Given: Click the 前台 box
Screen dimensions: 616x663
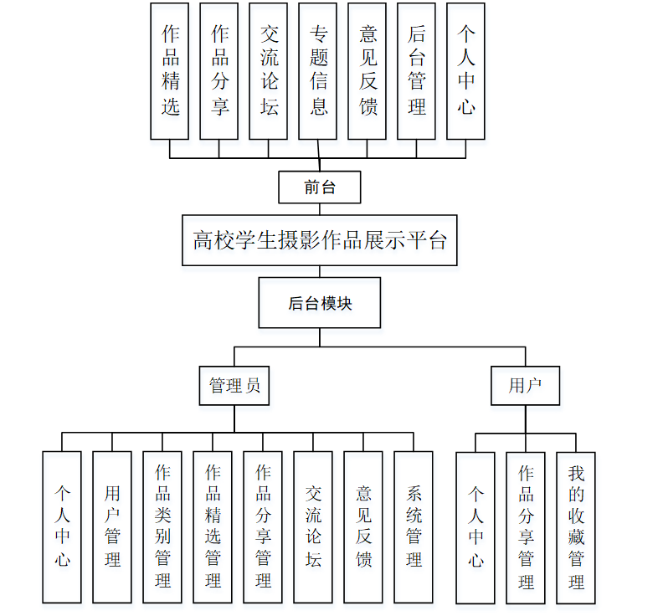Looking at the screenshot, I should point(319,187).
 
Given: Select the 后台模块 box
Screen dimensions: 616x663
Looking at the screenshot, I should point(319,303).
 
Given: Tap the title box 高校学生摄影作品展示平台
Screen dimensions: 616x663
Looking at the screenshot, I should point(319,241).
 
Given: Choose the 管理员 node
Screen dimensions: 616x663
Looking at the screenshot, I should point(234,386).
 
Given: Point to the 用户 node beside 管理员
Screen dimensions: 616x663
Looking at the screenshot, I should point(525,386).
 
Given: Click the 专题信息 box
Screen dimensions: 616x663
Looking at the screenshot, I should point(318,70).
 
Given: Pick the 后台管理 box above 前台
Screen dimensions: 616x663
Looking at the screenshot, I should point(416,70).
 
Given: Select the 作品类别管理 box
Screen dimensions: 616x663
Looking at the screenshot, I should point(162,527).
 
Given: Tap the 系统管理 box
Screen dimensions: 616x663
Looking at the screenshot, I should point(414,527).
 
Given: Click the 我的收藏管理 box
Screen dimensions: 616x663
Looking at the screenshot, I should point(576,527).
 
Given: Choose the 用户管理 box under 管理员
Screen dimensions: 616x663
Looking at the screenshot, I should point(112,527).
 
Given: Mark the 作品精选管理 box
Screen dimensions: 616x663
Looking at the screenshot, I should point(213,527).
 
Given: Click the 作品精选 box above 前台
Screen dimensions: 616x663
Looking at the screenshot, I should point(170,70).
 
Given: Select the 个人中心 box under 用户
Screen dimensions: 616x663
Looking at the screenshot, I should point(475,527).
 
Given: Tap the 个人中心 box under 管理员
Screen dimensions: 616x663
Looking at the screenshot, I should point(62,527).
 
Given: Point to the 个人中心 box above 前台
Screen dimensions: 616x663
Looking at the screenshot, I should point(466,70).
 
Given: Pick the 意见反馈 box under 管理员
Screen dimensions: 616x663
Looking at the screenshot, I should point(363,527).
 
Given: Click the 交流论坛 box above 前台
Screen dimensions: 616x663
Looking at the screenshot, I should point(269,70).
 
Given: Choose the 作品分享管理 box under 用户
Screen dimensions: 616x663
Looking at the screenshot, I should point(526,527).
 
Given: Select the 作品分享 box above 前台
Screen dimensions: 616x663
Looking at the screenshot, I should point(219,70).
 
